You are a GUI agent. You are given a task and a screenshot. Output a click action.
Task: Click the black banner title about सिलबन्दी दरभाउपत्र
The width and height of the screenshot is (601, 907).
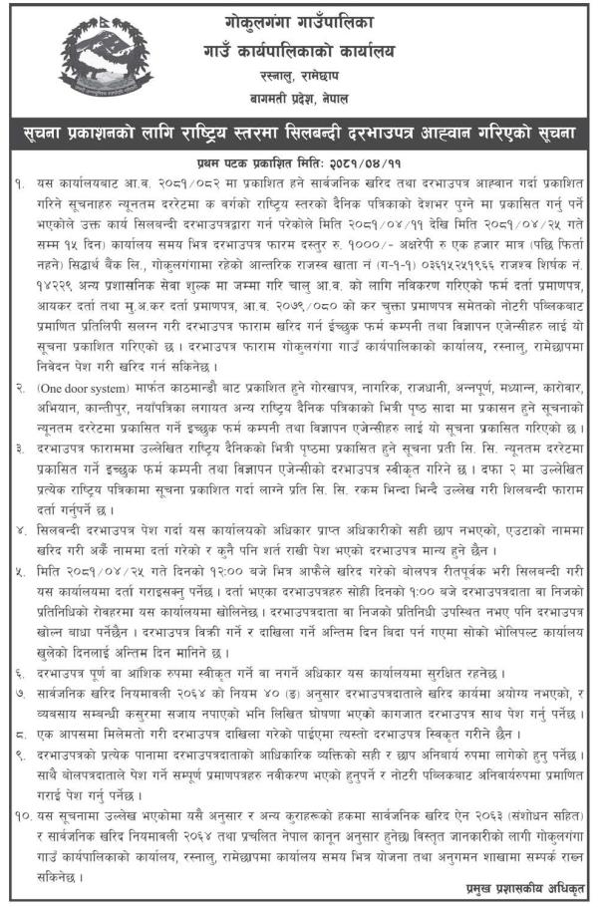click(x=299, y=132)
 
